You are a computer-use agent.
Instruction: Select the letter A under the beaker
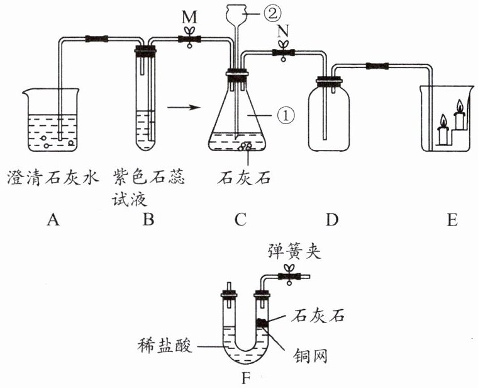coord(53,220)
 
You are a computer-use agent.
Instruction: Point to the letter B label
coord(149,220)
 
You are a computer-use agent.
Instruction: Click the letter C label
coord(240,220)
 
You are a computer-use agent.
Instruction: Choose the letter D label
coord(332,220)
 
